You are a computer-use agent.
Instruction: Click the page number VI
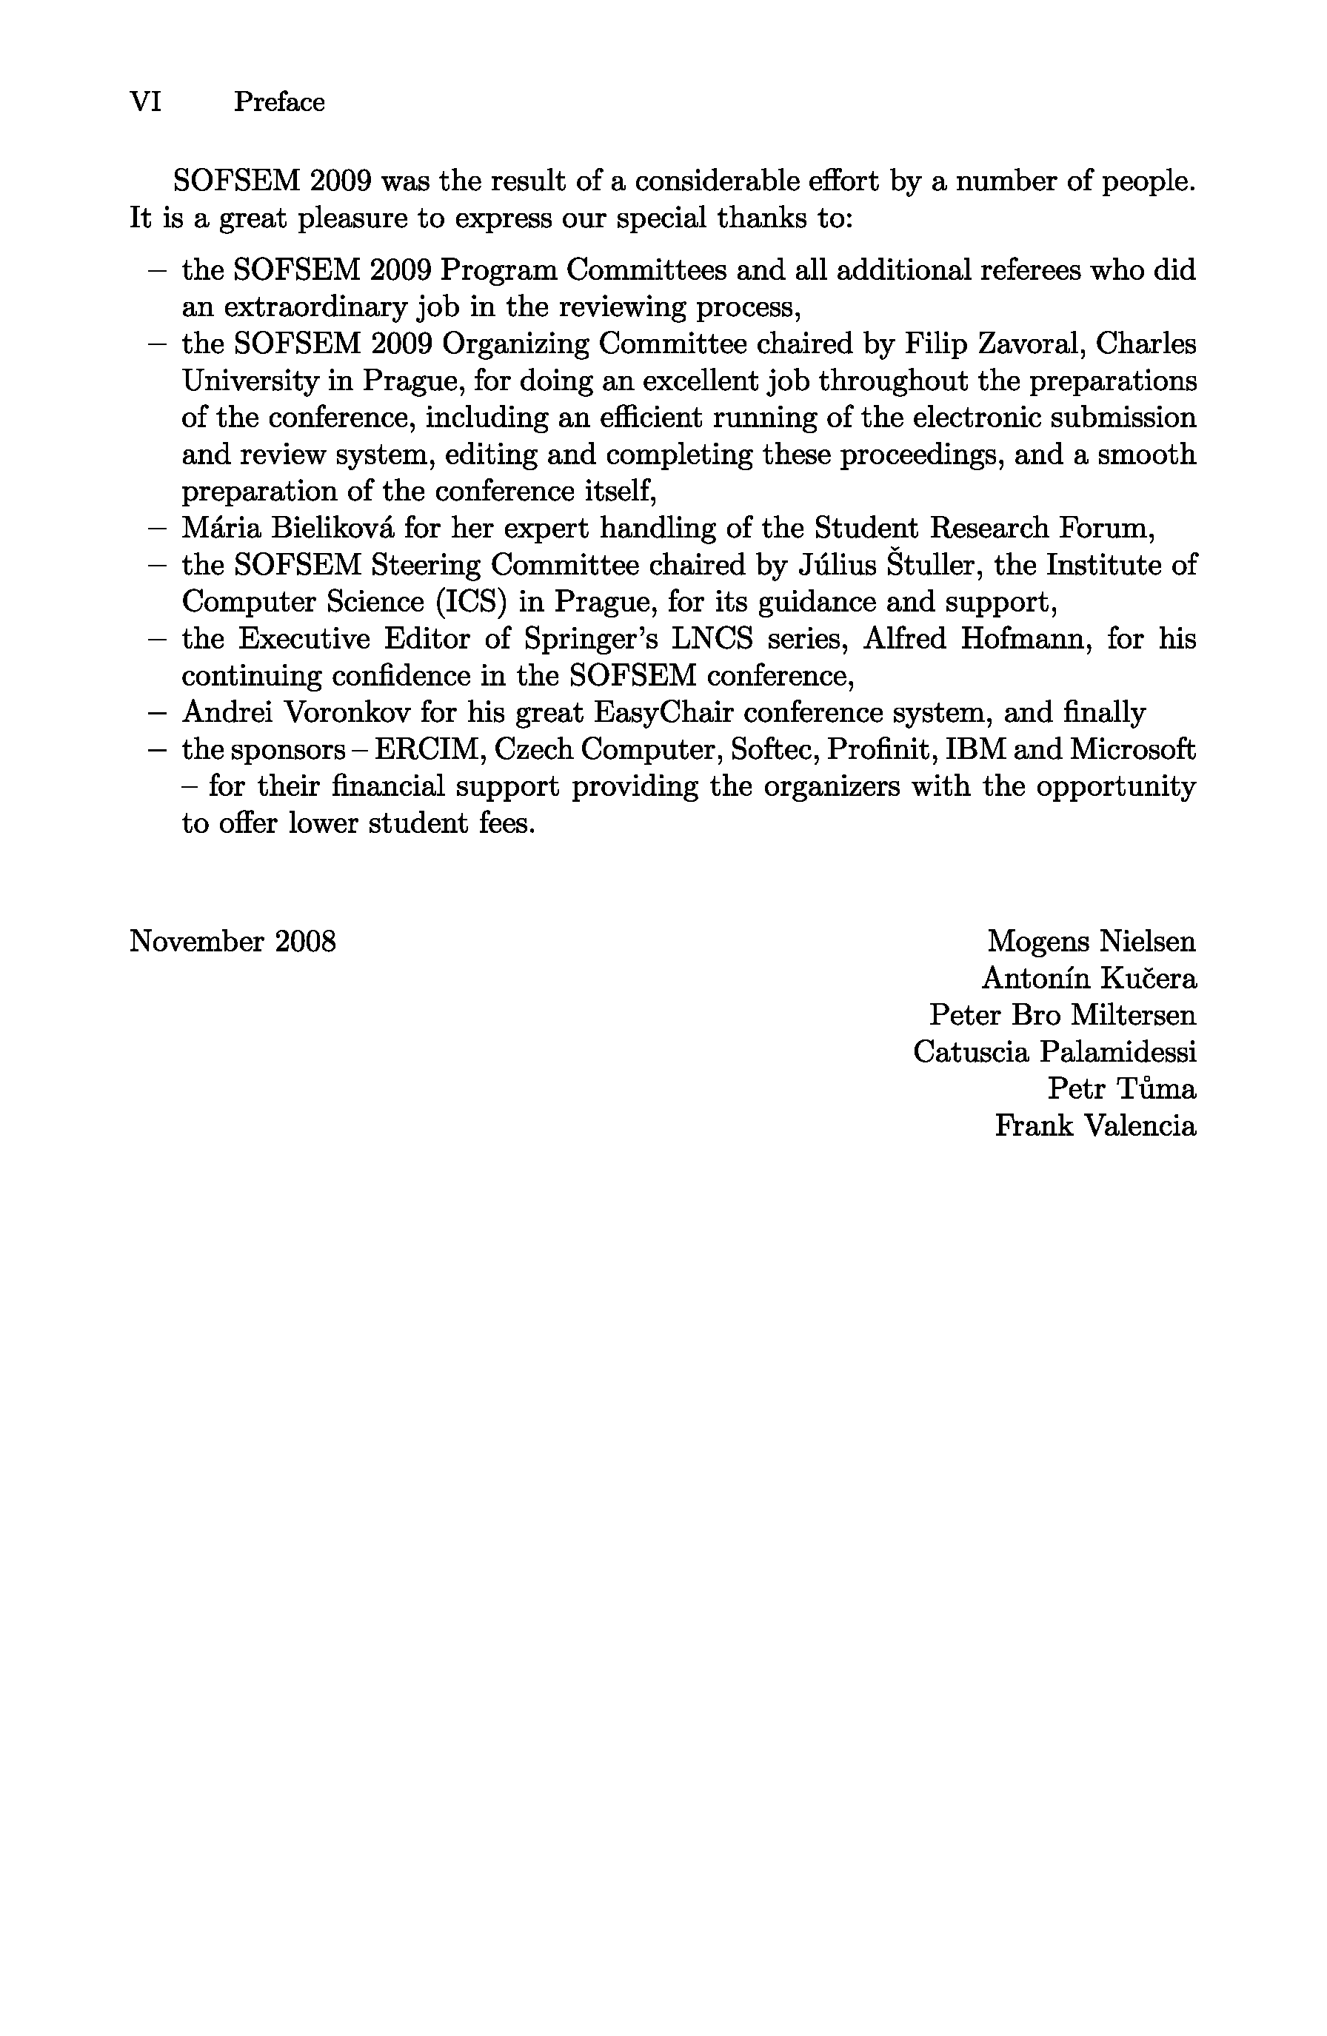[145, 102]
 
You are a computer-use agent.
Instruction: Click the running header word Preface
[279, 102]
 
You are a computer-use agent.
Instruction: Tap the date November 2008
[233, 941]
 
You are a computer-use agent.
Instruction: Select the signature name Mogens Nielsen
[1091, 941]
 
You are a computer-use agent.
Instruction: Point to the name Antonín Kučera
[1089, 978]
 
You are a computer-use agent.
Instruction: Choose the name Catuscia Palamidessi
[1054, 1051]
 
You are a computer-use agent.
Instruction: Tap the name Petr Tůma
[1121, 1088]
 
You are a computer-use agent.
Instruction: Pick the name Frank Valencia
[1094, 1125]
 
